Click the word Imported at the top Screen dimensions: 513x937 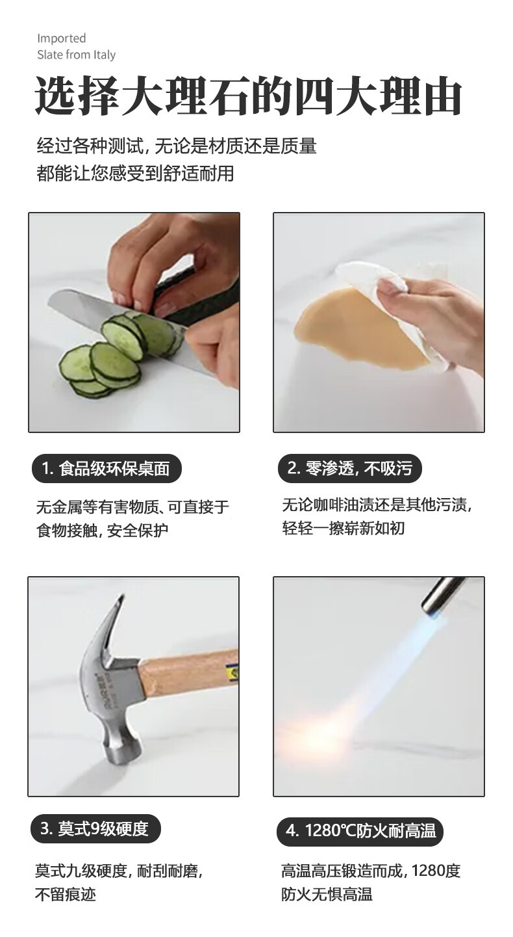point(62,38)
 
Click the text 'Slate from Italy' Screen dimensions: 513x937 point(77,55)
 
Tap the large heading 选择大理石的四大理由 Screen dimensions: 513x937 point(248,96)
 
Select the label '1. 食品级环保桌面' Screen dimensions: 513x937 point(106,468)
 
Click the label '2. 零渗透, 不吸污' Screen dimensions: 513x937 point(349,468)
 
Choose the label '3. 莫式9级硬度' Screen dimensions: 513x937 point(95,828)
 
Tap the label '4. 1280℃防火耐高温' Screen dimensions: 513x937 point(360,831)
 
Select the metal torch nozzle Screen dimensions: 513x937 point(442,596)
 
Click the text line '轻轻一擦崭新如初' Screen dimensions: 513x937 point(344,528)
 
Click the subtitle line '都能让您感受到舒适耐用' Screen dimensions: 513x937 point(135,173)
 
